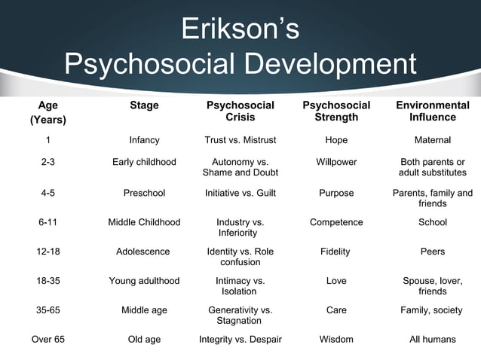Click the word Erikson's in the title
click(x=240, y=29)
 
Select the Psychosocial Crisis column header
click(x=240, y=111)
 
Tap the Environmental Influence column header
click(x=433, y=111)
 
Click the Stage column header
click(x=144, y=105)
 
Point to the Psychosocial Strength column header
click(x=336, y=111)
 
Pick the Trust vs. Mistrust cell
click(x=240, y=140)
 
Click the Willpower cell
click(x=336, y=162)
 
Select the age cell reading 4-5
click(x=47, y=193)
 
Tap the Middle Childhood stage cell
click(x=144, y=222)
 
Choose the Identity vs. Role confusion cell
click(x=240, y=257)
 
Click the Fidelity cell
click(x=336, y=252)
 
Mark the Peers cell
click(x=433, y=252)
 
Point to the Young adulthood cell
click(x=144, y=281)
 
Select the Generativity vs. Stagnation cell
click(x=240, y=315)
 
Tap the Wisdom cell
click(x=336, y=339)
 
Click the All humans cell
click(x=433, y=339)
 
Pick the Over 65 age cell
click(x=47, y=339)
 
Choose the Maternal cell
click(x=433, y=140)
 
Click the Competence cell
click(x=336, y=222)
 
